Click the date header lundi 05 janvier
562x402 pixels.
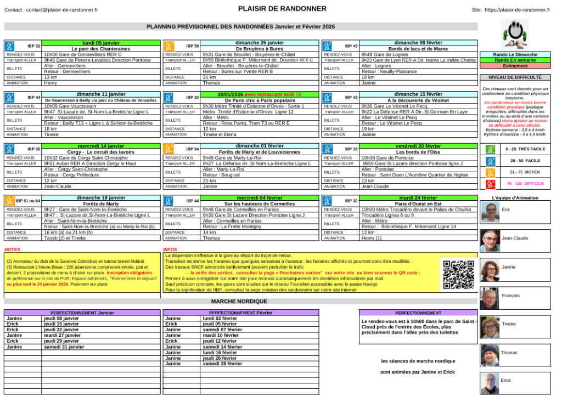(x=100, y=43)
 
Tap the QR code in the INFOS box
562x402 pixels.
(x=458, y=274)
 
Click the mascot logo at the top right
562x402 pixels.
(x=515, y=35)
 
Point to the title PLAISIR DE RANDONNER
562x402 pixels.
(x=282, y=9)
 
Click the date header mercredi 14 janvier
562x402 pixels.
(x=100, y=146)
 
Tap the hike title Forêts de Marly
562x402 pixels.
(x=100, y=203)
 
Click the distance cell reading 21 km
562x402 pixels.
(x=209, y=77)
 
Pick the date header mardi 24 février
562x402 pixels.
(x=418, y=197)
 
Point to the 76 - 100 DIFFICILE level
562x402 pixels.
(x=525, y=184)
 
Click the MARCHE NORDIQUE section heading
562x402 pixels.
(x=239, y=301)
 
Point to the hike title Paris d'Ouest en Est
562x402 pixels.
(x=418, y=203)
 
